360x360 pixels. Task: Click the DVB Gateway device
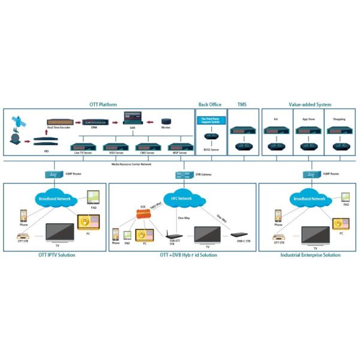pyautogui.click(x=184, y=175)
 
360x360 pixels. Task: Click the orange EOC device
pyautogui.click(x=143, y=214)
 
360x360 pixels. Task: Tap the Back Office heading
pyautogui.click(x=209, y=104)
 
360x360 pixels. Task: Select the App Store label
pyautogui.click(x=309, y=119)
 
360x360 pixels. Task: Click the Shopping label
pyautogui.click(x=339, y=119)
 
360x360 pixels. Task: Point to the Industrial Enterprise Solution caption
pyautogui.click(x=310, y=255)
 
